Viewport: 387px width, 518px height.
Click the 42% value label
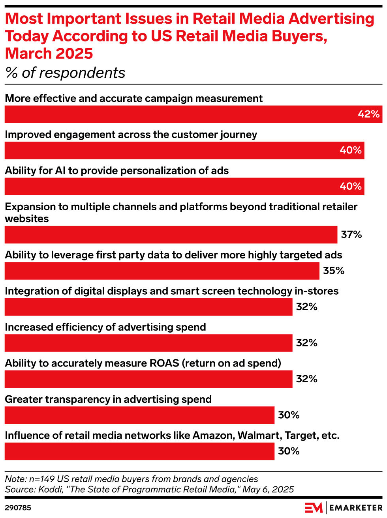click(x=368, y=114)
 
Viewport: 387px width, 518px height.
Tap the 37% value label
click(x=351, y=235)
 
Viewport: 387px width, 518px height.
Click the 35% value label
click(x=334, y=271)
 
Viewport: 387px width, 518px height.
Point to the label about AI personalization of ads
click(x=117, y=171)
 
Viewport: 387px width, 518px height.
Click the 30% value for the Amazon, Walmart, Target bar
click(x=289, y=451)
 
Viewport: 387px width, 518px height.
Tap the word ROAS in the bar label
click(x=163, y=363)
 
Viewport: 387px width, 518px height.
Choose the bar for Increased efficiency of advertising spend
click(x=148, y=343)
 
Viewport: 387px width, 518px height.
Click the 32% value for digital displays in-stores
click(x=306, y=307)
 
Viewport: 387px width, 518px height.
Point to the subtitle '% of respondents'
click(x=65, y=73)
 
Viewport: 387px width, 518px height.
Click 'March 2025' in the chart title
click(x=49, y=54)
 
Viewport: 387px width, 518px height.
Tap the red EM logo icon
click(x=314, y=508)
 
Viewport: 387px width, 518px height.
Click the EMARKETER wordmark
click(x=355, y=508)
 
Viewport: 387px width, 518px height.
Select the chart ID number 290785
click(x=18, y=508)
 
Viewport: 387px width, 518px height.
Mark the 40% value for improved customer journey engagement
click(x=351, y=150)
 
